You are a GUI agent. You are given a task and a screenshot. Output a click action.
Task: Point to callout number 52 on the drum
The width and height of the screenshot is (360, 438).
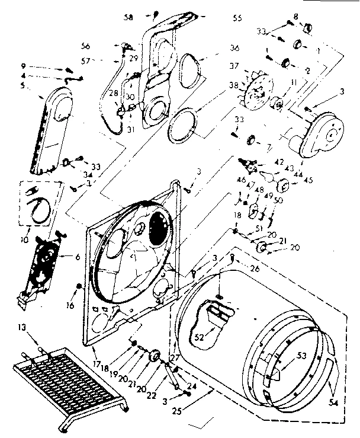tap(198, 337)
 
